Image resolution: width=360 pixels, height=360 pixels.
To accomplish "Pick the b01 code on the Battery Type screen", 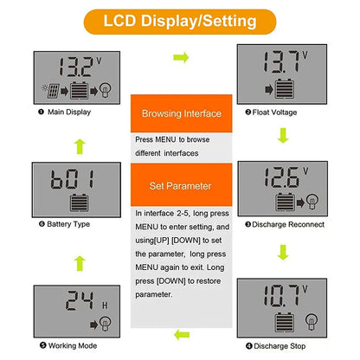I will (x=68, y=181).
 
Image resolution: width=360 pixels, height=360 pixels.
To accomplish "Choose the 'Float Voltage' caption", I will (x=279, y=112).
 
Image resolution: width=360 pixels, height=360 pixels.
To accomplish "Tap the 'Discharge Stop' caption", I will (x=280, y=346).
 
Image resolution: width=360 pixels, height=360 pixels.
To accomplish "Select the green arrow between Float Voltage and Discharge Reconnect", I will (x=281, y=135).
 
